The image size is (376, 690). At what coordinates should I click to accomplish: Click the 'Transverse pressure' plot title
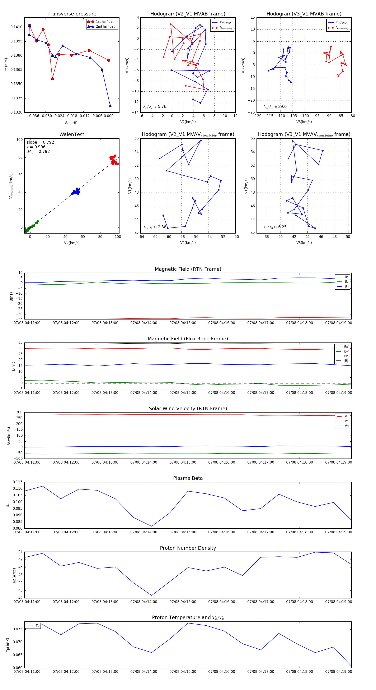pyautogui.click(x=72, y=14)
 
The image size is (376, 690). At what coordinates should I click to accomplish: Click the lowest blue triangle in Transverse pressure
pyautogui.click(x=110, y=106)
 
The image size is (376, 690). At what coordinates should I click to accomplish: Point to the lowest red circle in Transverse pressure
pyautogui.click(x=52, y=79)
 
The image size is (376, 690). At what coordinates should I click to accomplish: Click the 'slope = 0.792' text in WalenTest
pyautogui.click(x=40, y=142)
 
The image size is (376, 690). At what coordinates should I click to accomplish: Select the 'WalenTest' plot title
pyautogui.click(x=72, y=134)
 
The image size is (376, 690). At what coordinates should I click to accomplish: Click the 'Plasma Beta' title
pyautogui.click(x=188, y=478)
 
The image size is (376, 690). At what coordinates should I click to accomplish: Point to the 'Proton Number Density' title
pyautogui.click(x=188, y=548)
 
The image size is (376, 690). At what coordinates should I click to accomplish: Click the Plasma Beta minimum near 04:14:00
pyautogui.click(x=152, y=526)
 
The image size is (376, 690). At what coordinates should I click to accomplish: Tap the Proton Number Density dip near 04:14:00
pyautogui.click(x=152, y=595)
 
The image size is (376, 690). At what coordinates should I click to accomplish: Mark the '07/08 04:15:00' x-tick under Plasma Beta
pyautogui.click(x=183, y=532)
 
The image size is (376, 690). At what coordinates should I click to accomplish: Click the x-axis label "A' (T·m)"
pyautogui.click(x=72, y=122)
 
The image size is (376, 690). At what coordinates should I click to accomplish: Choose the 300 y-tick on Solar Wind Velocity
pyautogui.click(x=19, y=412)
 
